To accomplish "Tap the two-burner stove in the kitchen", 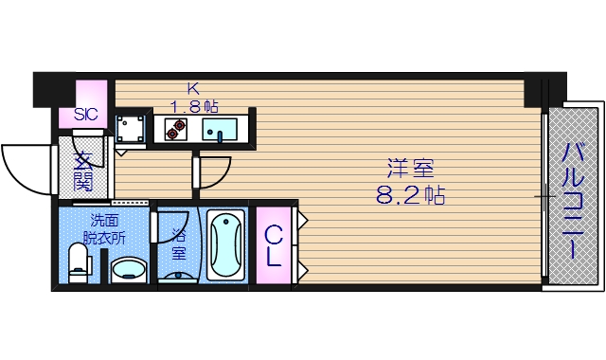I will pos(175,128).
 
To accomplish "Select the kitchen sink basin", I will pos(221,129).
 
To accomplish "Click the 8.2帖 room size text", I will pos(408,197).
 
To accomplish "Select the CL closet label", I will pos(273,244).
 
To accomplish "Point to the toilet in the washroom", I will pos(79,262).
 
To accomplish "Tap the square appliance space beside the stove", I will pos(131,128).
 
